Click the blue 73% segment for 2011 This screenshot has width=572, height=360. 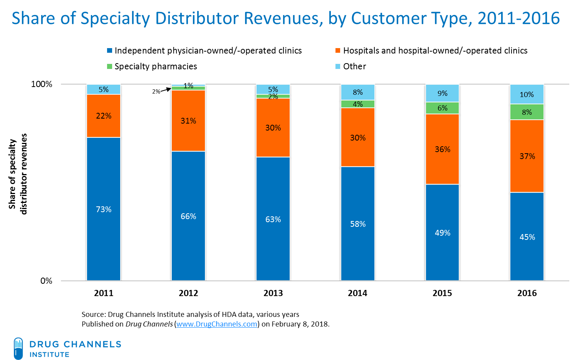pos(104,209)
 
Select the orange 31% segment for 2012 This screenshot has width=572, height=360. pos(188,121)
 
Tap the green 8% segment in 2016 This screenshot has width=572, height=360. pos(527,112)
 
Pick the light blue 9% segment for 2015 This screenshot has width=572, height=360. pos(442,93)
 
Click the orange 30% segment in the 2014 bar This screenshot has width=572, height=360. pos(358,137)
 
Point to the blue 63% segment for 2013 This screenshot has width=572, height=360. pos(273,219)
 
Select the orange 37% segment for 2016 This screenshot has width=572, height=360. pos(527,156)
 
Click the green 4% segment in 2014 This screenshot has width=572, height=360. pos(358,104)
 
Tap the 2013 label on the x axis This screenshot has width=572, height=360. pos(273,293)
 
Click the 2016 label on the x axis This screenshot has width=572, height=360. pos(527,293)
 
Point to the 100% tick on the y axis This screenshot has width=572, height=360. pos(42,84)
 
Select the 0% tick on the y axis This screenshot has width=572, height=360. pos(46,281)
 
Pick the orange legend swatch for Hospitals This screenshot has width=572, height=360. pos(338,51)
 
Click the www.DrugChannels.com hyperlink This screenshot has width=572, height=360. pos(217,324)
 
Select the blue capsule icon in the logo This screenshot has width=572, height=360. pos(18,348)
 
